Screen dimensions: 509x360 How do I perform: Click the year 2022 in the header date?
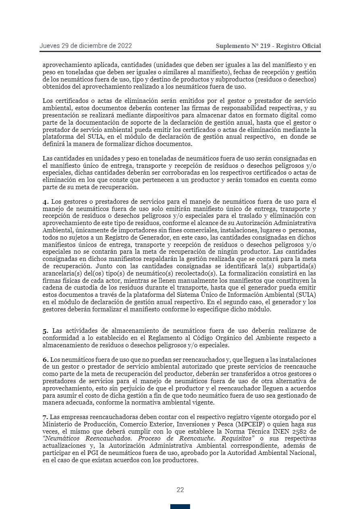[124, 46]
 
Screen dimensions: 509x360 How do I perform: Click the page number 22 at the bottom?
[180, 490]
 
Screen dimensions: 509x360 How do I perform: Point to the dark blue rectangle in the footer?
[180, 507]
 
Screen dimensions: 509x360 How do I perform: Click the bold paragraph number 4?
[45, 202]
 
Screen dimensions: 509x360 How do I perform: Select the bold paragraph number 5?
[45, 331]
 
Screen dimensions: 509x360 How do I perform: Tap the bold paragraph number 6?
[45, 359]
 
